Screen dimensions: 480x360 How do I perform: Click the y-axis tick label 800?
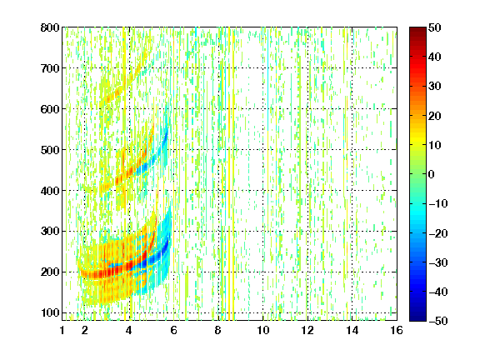(50, 27)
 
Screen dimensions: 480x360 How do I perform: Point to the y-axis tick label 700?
(50, 68)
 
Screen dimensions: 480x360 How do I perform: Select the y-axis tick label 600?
(50, 109)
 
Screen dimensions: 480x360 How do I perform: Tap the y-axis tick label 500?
(50, 150)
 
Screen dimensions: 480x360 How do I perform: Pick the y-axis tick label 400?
(50, 191)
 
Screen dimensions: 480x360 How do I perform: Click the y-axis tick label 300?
(50, 232)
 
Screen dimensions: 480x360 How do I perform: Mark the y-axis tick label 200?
(50, 272)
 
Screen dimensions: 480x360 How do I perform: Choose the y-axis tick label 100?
(50, 312)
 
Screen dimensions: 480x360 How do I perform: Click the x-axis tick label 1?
(62, 330)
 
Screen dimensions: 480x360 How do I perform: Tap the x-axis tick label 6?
(174, 330)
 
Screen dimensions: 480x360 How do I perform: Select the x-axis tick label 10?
(263, 330)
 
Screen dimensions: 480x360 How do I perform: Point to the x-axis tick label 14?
(352, 330)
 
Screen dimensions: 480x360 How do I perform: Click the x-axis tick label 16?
(397, 330)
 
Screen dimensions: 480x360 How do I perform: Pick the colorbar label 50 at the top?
(434, 27)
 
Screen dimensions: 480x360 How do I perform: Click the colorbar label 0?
(432, 174)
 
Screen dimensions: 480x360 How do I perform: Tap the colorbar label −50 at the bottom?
(438, 321)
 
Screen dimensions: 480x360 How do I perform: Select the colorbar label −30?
(438, 262)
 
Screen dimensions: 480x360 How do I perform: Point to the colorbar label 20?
(434, 116)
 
